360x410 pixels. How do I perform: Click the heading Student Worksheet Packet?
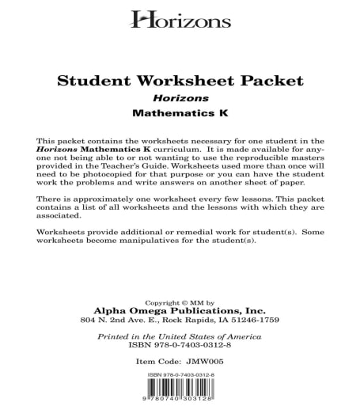click(x=180, y=81)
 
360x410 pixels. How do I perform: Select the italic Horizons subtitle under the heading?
click(x=180, y=99)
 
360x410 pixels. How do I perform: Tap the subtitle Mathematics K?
click(x=180, y=116)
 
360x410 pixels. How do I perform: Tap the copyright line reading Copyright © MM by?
click(x=180, y=302)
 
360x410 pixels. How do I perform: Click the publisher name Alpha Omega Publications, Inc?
click(x=180, y=311)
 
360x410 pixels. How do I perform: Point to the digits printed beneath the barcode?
click(x=180, y=404)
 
